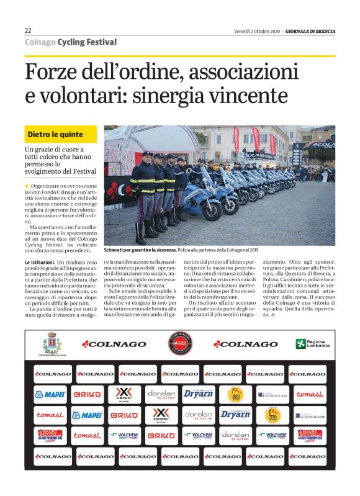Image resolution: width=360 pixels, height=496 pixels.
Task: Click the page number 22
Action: [28, 31]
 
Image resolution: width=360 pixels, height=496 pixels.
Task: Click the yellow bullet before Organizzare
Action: [27, 186]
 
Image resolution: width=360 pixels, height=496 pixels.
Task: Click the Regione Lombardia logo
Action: [312, 343]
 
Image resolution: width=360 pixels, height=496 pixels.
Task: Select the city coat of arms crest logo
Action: [52, 342]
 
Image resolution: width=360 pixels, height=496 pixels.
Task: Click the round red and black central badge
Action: [179, 343]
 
